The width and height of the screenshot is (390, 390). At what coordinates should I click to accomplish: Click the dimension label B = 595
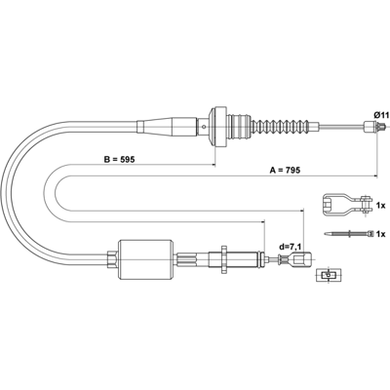coord(119,159)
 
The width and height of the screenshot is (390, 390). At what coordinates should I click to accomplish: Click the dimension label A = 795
coord(285,170)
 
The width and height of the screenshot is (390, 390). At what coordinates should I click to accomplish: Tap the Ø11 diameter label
coord(381,115)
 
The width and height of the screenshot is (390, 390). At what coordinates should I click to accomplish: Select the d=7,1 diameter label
coord(290,247)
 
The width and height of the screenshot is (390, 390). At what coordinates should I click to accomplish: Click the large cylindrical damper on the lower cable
coord(145,259)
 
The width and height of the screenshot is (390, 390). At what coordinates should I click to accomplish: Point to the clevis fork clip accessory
coord(348,205)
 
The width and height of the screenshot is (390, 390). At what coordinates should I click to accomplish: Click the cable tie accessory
coord(349,233)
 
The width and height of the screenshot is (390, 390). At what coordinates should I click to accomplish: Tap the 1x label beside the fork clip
coord(380,206)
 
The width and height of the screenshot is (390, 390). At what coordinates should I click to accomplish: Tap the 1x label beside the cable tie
coord(380,234)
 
